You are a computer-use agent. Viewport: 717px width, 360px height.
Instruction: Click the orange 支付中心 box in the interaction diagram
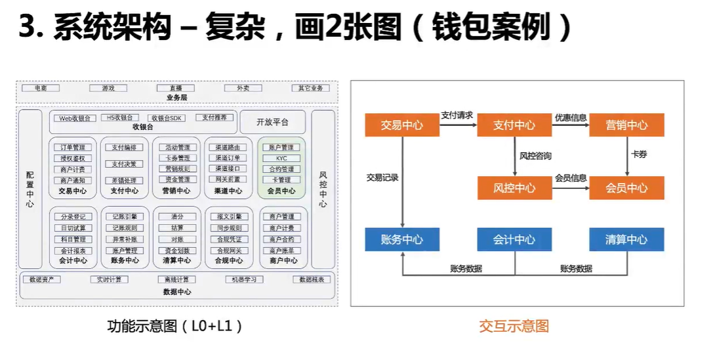click(514, 125)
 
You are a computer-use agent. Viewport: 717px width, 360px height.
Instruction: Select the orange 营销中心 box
click(626, 125)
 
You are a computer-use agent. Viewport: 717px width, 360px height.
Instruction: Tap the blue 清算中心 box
click(626, 239)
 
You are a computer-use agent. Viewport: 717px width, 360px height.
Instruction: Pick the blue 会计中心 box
click(514, 239)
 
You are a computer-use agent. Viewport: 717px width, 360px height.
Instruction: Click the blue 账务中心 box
click(401, 239)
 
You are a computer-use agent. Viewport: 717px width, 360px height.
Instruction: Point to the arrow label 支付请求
click(457, 115)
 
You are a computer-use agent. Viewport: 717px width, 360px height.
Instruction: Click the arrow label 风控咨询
click(535, 156)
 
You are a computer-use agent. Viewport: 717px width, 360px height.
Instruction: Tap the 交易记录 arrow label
click(382, 177)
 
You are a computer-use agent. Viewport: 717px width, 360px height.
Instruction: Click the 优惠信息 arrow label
click(571, 117)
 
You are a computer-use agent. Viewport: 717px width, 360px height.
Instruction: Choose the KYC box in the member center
click(282, 159)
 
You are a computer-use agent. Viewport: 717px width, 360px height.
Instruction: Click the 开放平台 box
click(272, 122)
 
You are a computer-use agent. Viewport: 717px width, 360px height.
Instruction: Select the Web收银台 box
click(74, 118)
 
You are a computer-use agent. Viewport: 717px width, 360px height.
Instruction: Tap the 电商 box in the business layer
click(41, 88)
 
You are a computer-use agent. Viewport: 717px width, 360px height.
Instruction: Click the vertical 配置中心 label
click(30, 190)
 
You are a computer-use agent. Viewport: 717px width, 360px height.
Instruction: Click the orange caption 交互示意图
click(514, 326)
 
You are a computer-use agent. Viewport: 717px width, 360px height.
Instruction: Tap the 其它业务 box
click(310, 88)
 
